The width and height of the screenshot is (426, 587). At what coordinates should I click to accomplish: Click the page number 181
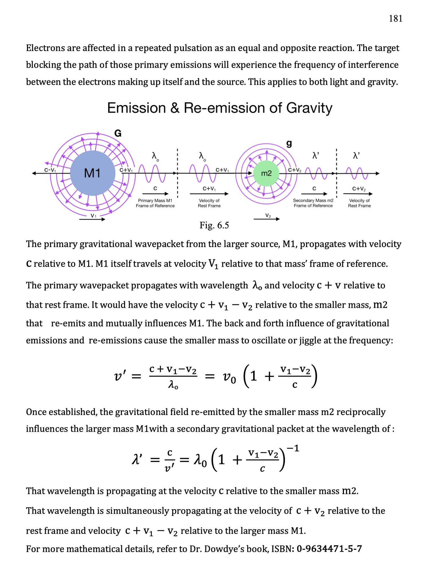click(395, 19)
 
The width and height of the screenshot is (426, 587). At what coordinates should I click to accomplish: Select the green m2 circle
click(266, 173)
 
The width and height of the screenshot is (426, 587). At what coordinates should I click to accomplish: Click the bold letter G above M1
click(118, 134)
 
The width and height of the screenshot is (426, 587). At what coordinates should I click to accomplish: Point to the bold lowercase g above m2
click(289, 143)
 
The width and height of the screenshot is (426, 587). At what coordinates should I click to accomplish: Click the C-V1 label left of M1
click(50, 170)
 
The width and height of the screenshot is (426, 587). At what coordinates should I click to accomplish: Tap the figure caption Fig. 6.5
click(214, 225)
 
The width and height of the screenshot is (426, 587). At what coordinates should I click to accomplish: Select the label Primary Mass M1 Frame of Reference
click(155, 203)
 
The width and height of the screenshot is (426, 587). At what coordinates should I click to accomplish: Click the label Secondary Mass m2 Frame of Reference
click(313, 203)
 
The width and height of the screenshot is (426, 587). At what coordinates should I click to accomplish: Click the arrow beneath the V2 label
click(267, 219)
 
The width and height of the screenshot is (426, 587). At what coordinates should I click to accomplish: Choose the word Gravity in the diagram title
click(309, 108)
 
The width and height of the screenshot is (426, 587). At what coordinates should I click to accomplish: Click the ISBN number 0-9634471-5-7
click(329, 549)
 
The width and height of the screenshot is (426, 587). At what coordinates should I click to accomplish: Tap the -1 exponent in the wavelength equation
click(293, 448)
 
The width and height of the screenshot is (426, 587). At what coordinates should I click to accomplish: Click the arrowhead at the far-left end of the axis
click(34, 173)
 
